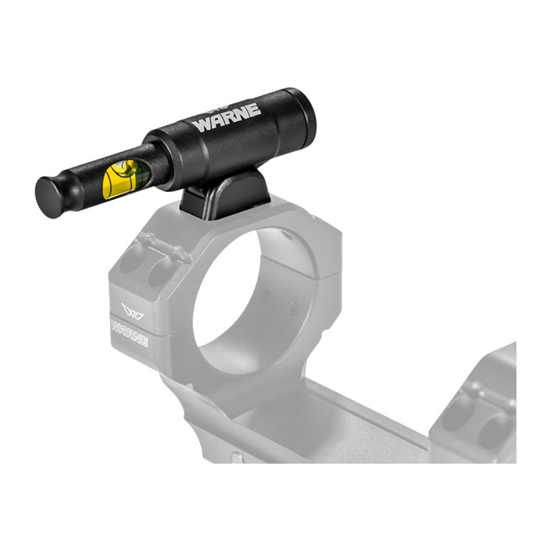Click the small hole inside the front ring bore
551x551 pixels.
(x=294, y=309)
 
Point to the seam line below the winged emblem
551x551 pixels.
(x=134, y=314)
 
